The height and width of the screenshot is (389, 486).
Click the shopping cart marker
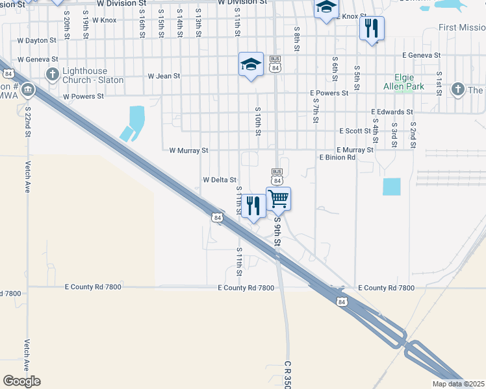point(279,198)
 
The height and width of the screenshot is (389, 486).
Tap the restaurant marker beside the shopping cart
point(253,206)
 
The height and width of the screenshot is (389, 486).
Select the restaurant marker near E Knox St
point(371,28)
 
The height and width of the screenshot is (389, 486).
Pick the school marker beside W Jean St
point(251,64)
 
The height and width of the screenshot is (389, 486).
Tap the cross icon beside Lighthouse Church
point(52,75)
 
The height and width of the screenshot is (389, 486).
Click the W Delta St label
point(219,180)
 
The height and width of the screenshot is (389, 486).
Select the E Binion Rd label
point(337,158)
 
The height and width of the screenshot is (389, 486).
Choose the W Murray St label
point(188,150)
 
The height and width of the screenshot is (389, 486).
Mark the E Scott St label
point(355,131)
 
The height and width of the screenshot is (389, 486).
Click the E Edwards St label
point(392,112)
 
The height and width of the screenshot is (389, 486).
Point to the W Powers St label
point(83,97)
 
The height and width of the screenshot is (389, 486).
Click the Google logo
point(21,381)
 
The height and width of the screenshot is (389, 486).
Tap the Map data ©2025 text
point(458,384)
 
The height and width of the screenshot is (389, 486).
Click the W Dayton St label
point(37,40)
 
